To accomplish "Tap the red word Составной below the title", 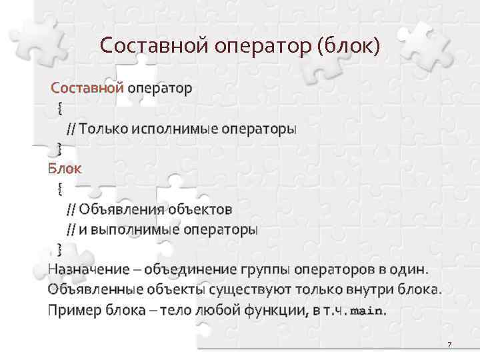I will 87,88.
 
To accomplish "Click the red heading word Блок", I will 65,169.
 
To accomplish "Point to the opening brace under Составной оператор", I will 60,107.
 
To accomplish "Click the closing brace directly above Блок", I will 60,148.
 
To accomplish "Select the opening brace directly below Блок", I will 60,189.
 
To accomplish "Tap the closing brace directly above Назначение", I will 60,249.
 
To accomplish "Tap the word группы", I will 267,270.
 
